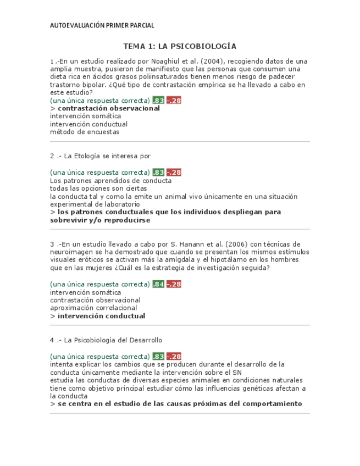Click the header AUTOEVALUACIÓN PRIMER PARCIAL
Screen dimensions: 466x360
pos(102,25)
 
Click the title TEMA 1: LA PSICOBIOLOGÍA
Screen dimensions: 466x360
pos(180,46)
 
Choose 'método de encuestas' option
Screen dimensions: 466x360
pos(85,132)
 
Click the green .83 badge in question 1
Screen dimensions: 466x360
pos(158,101)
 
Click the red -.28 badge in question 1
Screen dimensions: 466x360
pos(174,101)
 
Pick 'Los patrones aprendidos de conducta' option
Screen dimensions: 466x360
pos(110,181)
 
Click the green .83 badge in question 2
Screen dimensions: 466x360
pos(158,173)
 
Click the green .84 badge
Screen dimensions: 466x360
pos(158,284)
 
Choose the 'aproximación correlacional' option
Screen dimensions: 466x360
pos(93,308)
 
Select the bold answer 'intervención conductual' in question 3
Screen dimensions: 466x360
pos(101,316)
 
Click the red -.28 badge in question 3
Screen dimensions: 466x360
pos(174,284)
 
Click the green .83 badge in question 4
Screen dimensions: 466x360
pos(158,357)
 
